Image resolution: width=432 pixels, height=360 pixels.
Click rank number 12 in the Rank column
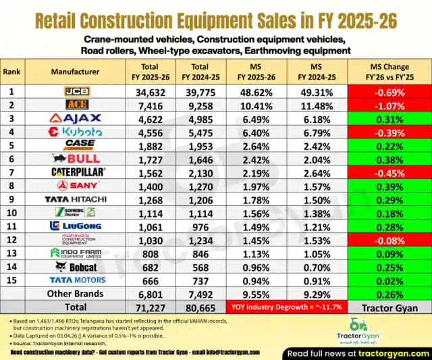11,239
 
